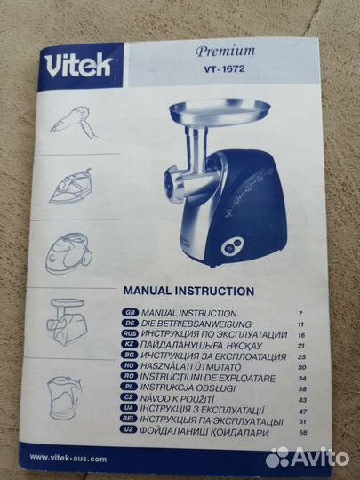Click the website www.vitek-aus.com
pyautogui.click(x=68, y=458)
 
